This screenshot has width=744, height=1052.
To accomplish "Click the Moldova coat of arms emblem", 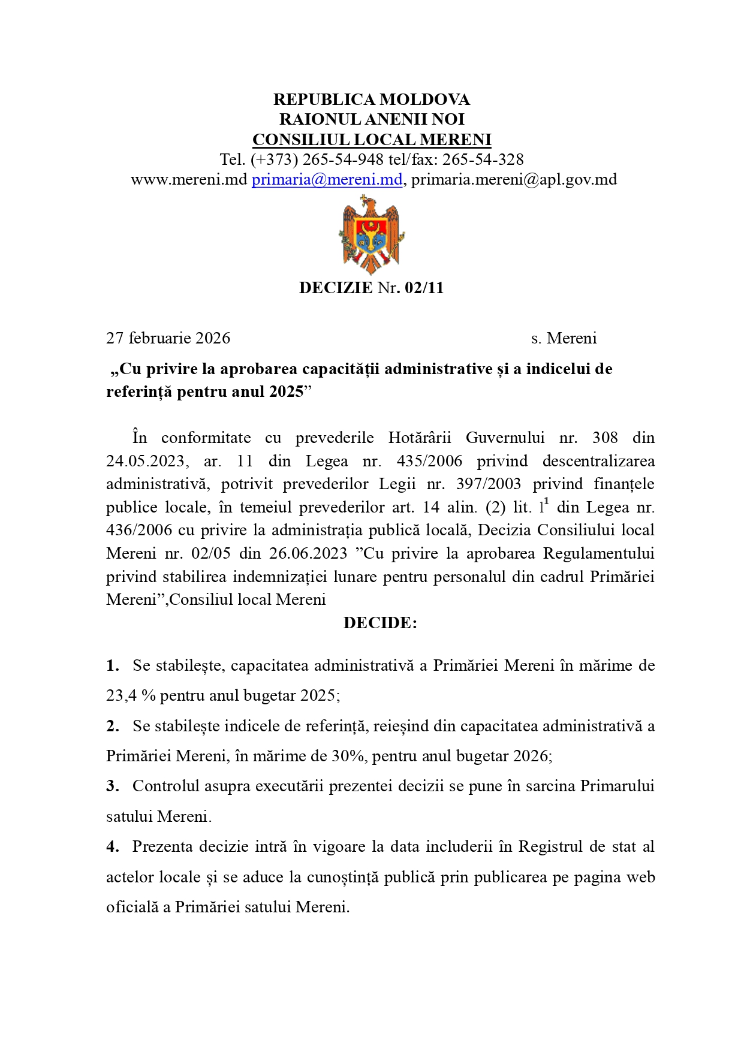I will (x=371, y=235).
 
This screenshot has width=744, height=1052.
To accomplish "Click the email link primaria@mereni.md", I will (x=327, y=179).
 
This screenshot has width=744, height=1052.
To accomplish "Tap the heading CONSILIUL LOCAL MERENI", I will (x=372, y=140).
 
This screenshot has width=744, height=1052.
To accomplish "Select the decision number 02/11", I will (x=424, y=288).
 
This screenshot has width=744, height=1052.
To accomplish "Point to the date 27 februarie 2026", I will (x=168, y=338).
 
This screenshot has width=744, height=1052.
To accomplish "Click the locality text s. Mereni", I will (x=564, y=338).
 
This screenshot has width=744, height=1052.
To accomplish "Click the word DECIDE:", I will (x=380, y=623).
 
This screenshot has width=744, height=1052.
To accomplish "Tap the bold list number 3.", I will (x=112, y=786).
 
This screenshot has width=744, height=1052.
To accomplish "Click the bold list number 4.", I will (x=112, y=846).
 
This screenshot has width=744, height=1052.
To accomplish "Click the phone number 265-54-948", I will (x=343, y=159).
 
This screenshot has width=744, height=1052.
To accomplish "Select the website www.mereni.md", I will (x=189, y=179).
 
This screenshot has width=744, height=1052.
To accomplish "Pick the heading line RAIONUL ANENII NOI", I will (x=372, y=119).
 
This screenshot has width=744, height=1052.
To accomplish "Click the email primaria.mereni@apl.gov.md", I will (x=514, y=179).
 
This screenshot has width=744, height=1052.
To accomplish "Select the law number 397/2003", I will (x=488, y=484).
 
